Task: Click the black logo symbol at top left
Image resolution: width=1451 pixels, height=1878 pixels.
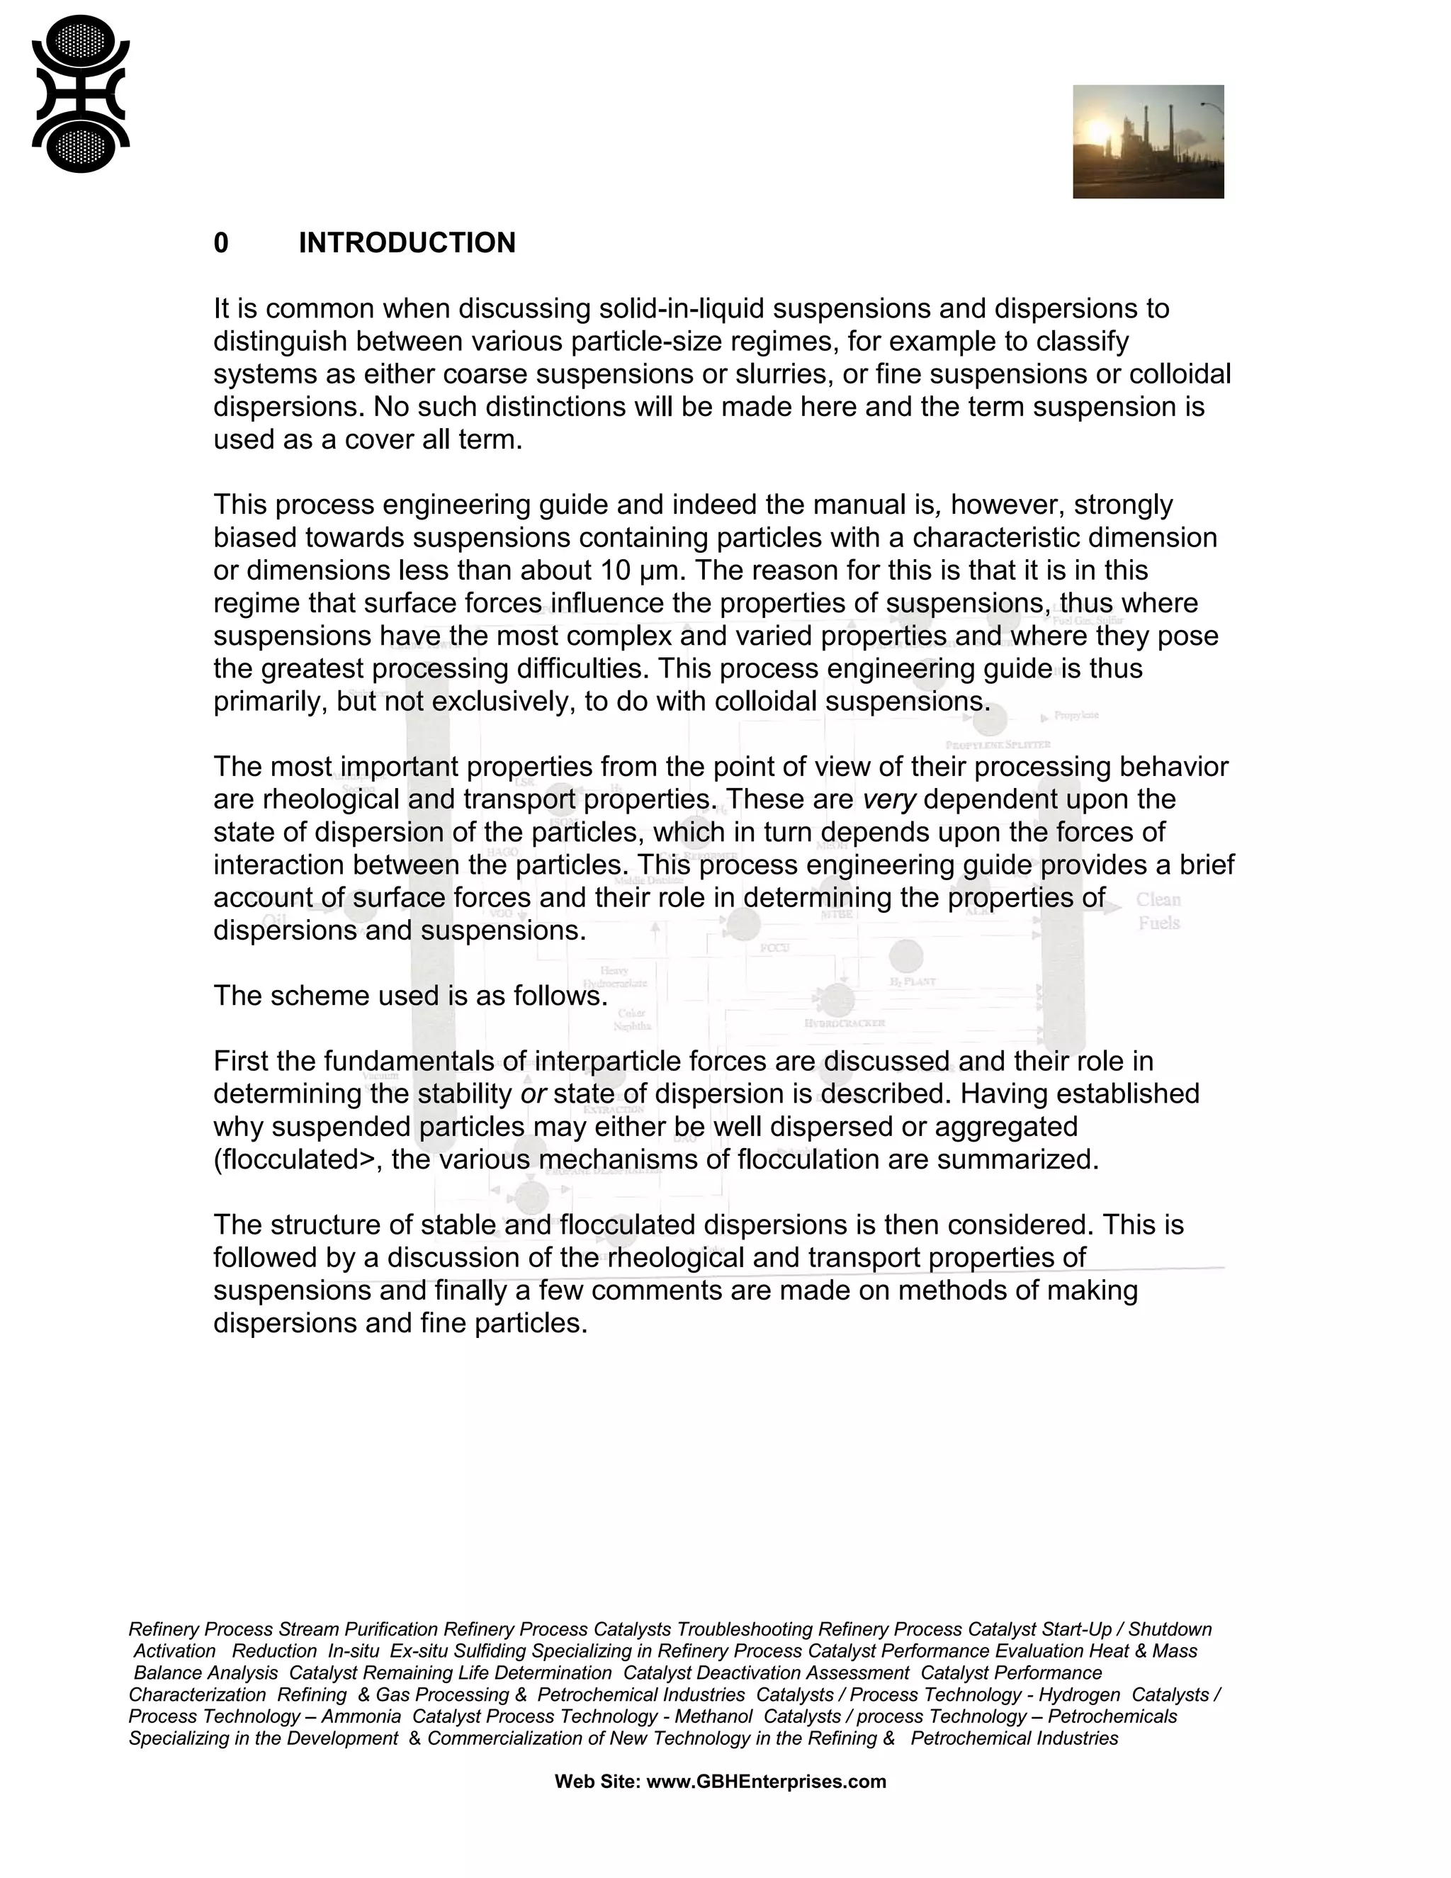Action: coord(80,94)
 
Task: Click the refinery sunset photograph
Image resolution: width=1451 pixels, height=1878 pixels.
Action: coord(1148,142)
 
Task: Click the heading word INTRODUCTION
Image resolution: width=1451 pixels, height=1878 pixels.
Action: coord(407,243)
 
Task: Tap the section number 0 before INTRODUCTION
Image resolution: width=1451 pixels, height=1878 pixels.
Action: coord(221,243)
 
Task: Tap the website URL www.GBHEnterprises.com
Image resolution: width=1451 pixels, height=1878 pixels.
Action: coord(766,1782)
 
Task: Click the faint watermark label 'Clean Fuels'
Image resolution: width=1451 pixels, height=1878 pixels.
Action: coord(1158,911)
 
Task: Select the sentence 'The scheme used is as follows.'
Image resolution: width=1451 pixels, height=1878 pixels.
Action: coord(411,996)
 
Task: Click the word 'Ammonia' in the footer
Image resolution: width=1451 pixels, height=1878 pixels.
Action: coord(361,1717)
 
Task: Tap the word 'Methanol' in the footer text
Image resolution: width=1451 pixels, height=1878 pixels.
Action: coord(713,1717)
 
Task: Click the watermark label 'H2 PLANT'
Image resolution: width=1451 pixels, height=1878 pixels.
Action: coord(912,981)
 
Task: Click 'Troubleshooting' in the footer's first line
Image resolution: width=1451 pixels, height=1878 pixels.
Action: coord(745,1629)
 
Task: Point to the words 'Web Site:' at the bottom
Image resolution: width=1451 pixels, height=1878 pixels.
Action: coord(597,1782)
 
